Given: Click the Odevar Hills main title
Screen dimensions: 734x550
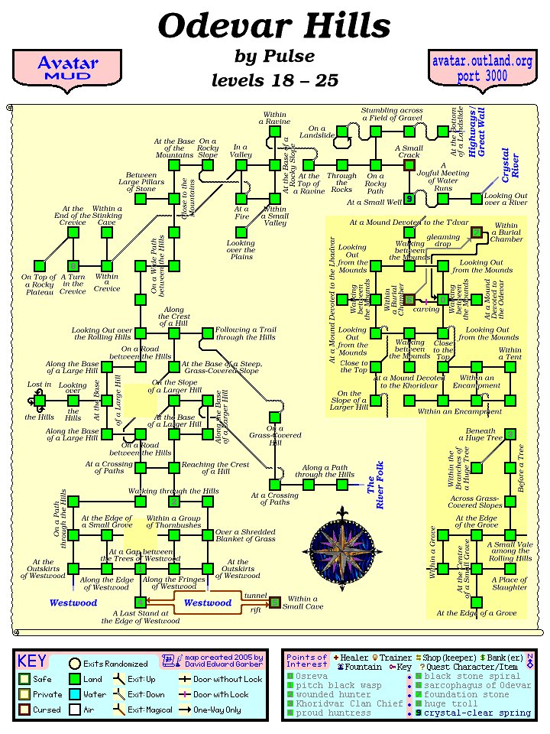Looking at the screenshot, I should click(x=274, y=28).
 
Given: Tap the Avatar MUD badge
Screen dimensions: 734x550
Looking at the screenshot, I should click(x=66, y=68).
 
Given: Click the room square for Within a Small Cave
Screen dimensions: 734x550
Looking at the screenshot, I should click(x=274, y=602).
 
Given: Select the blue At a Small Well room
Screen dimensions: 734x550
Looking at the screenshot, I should click(x=409, y=199).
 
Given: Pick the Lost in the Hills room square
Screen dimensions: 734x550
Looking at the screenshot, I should click(x=40, y=400).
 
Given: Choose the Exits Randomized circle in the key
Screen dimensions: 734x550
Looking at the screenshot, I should click(x=75, y=664).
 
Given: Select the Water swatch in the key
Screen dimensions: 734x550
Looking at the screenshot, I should click(x=75, y=695).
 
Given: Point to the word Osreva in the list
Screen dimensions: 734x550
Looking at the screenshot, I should click(x=312, y=676).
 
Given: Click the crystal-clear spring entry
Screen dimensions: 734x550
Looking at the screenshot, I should click(x=477, y=713).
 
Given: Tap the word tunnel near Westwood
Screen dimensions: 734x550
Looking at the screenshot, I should click(x=254, y=595).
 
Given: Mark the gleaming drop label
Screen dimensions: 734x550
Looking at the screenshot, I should click(x=443, y=242).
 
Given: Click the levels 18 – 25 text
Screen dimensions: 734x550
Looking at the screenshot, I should click(x=274, y=81).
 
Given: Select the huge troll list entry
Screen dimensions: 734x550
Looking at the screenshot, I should click(x=451, y=703).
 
